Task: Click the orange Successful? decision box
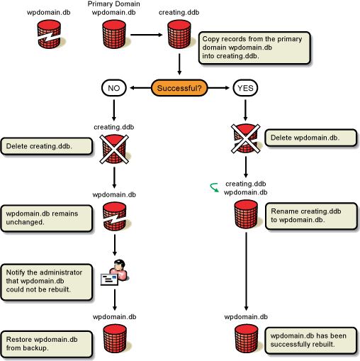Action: pyautogui.click(x=179, y=88)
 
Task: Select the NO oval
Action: pyautogui.click(x=114, y=88)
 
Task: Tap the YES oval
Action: pyautogui.click(x=245, y=88)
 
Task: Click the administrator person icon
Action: pyautogui.click(x=115, y=272)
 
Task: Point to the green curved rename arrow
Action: pyautogui.click(x=215, y=187)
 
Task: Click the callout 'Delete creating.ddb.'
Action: pyautogui.click(x=47, y=146)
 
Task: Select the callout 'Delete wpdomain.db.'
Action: pyautogui.click(x=310, y=138)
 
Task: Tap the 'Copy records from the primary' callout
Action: pyautogui.click(x=254, y=48)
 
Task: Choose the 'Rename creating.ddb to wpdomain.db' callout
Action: pyautogui.click(x=311, y=216)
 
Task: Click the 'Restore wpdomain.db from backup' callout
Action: pyautogui.click(x=47, y=344)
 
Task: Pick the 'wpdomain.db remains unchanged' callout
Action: pyautogui.click(x=47, y=218)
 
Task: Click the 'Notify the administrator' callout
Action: pyautogui.click(x=47, y=282)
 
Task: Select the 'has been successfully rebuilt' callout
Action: pyautogui.click(x=310, y=340)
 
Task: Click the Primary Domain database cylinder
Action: pyautogui.click(x=114, y=34)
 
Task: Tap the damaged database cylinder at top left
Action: pyautogui.click(x=49, y=34)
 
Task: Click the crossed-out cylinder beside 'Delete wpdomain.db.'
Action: pyautogui.click(x=246, y=138)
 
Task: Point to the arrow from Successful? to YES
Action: pyautogui.click(x=218, y=88)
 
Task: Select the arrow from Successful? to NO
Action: pyautogui.click(x=140, y=88)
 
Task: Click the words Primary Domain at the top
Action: pyautogui.click(x=113, y=4)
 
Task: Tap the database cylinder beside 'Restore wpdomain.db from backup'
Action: pyautogui.click(x=115, y=339)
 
